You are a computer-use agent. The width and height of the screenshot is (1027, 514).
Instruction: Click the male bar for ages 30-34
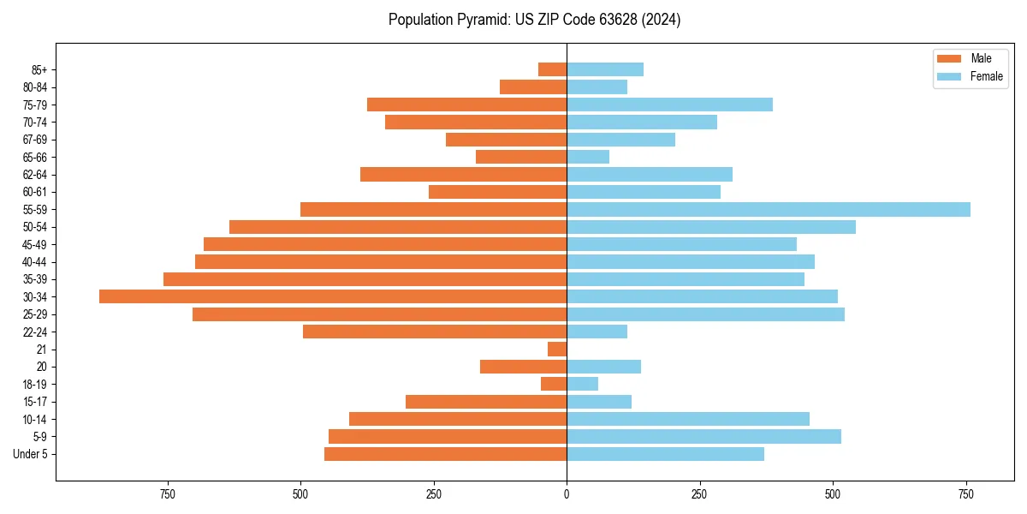(333, 296)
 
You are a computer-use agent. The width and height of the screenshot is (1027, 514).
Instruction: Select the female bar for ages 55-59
(769, 210)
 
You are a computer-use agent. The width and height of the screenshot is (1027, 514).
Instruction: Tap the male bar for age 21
(557, 350)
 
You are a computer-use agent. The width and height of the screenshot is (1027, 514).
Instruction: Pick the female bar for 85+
(605, 69)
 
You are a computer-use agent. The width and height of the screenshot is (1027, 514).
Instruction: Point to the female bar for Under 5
(665, 454)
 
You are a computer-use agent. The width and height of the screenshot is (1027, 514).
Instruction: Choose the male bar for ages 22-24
(435, 332)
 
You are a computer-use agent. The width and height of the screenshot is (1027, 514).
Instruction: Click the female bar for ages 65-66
(588, 157)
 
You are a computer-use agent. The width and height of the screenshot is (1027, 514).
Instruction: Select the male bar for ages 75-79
(466, 105)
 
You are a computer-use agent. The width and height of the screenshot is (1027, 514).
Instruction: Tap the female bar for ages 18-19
(582, 384)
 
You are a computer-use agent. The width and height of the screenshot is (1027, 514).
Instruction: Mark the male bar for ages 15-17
(486, 402)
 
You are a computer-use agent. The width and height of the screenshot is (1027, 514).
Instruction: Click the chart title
(534, 20)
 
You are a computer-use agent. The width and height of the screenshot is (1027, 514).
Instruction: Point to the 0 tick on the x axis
(567, 494)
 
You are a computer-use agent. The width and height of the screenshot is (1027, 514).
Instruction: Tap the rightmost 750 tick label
(965, 494)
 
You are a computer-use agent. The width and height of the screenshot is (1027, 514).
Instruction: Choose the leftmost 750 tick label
(167, 494)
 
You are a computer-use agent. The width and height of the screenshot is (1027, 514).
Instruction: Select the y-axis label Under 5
(30, 454)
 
